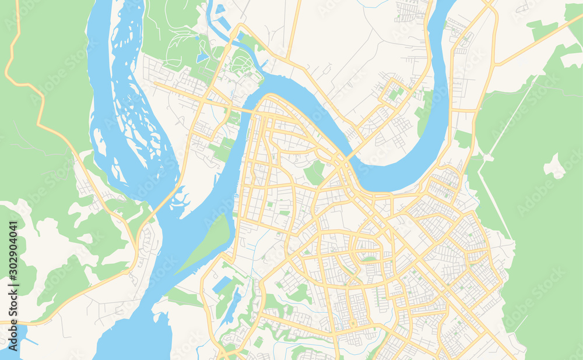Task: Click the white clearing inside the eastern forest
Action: click(554, 167)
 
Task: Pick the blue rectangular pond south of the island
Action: click(222, 285)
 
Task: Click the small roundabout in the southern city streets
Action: click(353, 323)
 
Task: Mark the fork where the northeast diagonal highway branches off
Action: click(496, 64)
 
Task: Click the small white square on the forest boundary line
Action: click(487, 157)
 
